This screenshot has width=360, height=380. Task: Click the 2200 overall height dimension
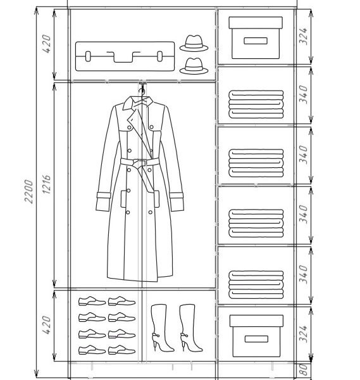pyautogui.click(x=29, y=191)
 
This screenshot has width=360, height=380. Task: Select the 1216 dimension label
pyautogui.click(x=47, y=184)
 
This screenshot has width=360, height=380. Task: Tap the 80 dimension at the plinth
pyautogui.click(x=304, y=370)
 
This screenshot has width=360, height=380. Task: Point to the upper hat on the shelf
pyautogui.click(x=194, y=43)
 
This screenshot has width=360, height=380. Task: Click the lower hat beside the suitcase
pyautogui.click(x=194, y=66)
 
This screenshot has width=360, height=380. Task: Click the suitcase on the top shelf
pyautogui.click(x=125, y=56)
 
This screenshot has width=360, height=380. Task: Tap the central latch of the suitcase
pyautogui.click(x=123, y=57)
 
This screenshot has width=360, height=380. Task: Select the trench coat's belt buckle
pyautogui.click(x=139, y=163)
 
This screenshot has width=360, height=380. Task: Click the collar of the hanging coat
pyautogui.click(x=138, y=103)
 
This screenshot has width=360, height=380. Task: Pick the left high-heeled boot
pyautogui.click(x=161, y=327)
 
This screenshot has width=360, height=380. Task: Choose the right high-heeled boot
pyautogui.click(x=190, y=327)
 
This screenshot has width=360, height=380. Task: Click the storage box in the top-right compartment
pyautogui.click(x=256, y=38)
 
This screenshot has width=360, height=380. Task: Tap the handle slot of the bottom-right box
pyautogui.click(x=256, y=339)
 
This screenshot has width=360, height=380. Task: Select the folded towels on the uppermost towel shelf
pyautogui.click(x=256, y=104)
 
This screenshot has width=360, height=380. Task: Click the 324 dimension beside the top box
pyautogui.click(x=304, y=36)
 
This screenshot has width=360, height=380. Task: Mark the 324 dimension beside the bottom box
pyautogui.click(x=304, y=334)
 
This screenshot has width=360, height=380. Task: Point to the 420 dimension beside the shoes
pyautogui.click(x=47, y=325)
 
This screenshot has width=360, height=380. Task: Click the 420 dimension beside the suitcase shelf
pyautogui.click(x=47, y=44)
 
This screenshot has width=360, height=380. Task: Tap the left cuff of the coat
pyautogui.click(x=103, y=201)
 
